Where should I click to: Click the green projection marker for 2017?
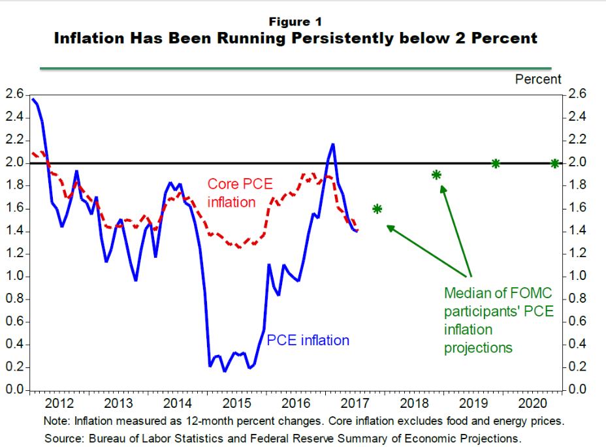pyautogui.click(x=377, y=209)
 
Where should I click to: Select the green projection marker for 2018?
pyautogui.click(x=436, y=175)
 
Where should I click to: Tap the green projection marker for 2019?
pyautogui.click(x=496, y=163)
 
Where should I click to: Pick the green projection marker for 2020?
pyautogui.click(x=554, y=163)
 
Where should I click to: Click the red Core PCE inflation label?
pyautogui.click(x=240, y=193)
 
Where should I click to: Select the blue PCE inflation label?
pyautogui.click(x=308, y=340)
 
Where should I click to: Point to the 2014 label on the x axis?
pyautogui.click(x=178, y=401)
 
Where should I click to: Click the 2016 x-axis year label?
pyautogui.click(x=297, y=401)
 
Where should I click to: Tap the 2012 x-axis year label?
pyautogui.click(x=59, y=401)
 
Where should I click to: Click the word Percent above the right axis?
pyautogui.click(x=538, y=79)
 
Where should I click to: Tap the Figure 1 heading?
pyautogui.click(x=295, y=22)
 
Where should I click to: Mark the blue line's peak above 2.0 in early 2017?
pyautogui.click(x=333, y=144)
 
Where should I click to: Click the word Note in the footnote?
pyautogui.click(x=56, y=421)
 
